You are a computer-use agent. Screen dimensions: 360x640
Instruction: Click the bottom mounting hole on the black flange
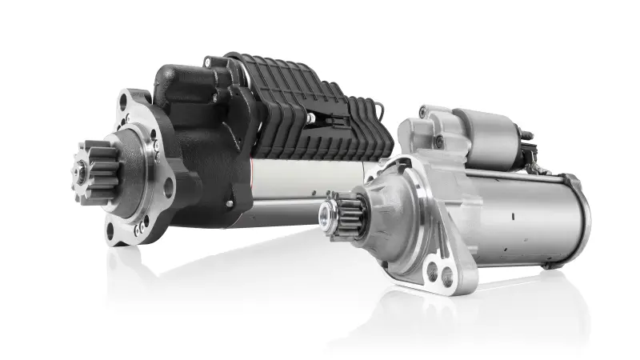tap(110, 233)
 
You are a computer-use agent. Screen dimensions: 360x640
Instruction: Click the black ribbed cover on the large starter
tap(312, 108)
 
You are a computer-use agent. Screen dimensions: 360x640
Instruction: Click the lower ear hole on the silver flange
tap(438, 274)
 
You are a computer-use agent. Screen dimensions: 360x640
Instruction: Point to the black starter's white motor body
tap(296, 184)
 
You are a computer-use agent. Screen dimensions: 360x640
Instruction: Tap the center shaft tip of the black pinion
tap(81, 170)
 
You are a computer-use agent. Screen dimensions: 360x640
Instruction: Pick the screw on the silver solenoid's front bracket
tap(439, 142)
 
